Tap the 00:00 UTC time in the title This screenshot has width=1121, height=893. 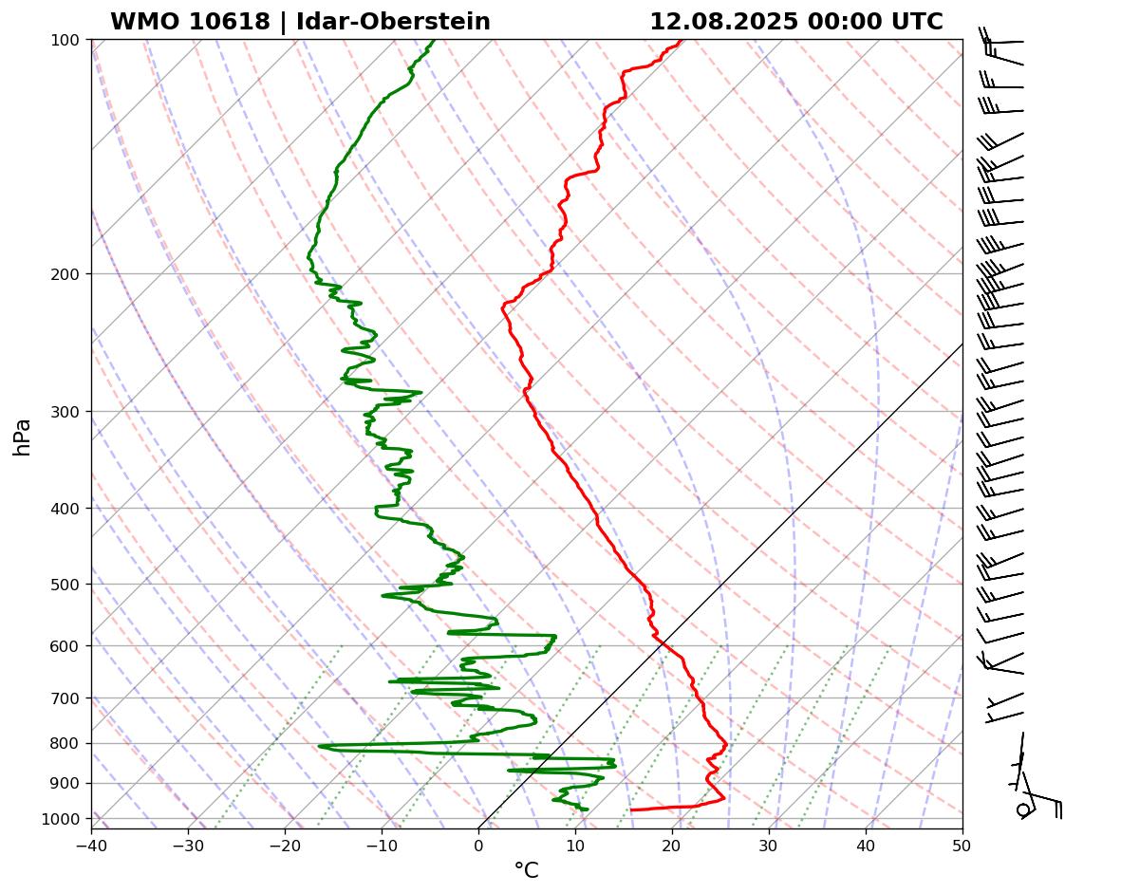tap(873, 22)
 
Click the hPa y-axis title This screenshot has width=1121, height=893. tap(22, 437)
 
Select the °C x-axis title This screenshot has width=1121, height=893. tap(526, 870)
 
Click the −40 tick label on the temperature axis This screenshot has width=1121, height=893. tap(91, 842)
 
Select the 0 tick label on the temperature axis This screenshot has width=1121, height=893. tap(478, 842)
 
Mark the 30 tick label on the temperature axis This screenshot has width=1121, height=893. tap(769, 842)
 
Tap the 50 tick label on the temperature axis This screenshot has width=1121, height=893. tap(962, 842)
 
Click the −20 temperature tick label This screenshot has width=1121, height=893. tap(285, 842)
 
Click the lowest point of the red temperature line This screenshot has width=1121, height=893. tap(631, 809)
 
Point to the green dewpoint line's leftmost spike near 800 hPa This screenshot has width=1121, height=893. tap(320, 747)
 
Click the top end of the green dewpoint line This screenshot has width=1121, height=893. tap(434, 41)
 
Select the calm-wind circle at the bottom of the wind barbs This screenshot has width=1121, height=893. tap(1023, 809)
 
